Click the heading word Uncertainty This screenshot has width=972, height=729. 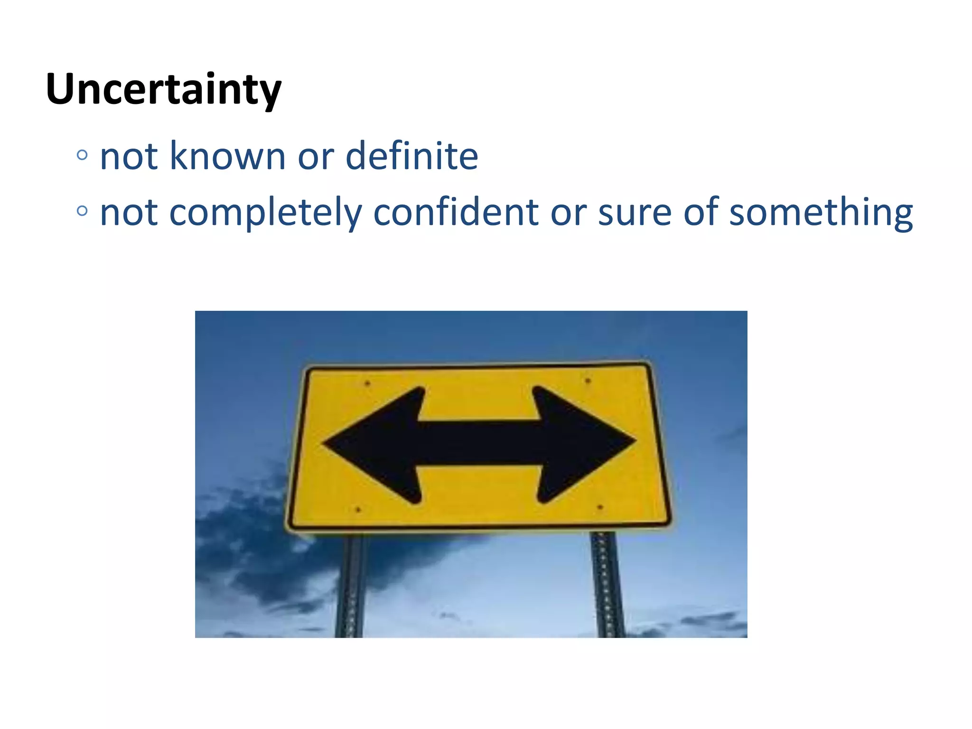(x=164, y=89)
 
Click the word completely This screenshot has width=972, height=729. (x=265, y=213)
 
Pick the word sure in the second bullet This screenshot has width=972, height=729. (x=635, y=213)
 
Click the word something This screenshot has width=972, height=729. (x=821, y=213)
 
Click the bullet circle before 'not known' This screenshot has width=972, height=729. (x=82, y=155)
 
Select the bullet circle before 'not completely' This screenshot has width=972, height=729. (x=82, y=211)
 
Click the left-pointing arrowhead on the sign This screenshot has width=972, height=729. (x=375, y=444)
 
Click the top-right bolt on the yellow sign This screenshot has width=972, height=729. (x=588, y=381)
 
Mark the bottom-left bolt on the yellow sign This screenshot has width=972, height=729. (x=358, y=510)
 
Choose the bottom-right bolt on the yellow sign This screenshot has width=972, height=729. (x=600, y=507)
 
